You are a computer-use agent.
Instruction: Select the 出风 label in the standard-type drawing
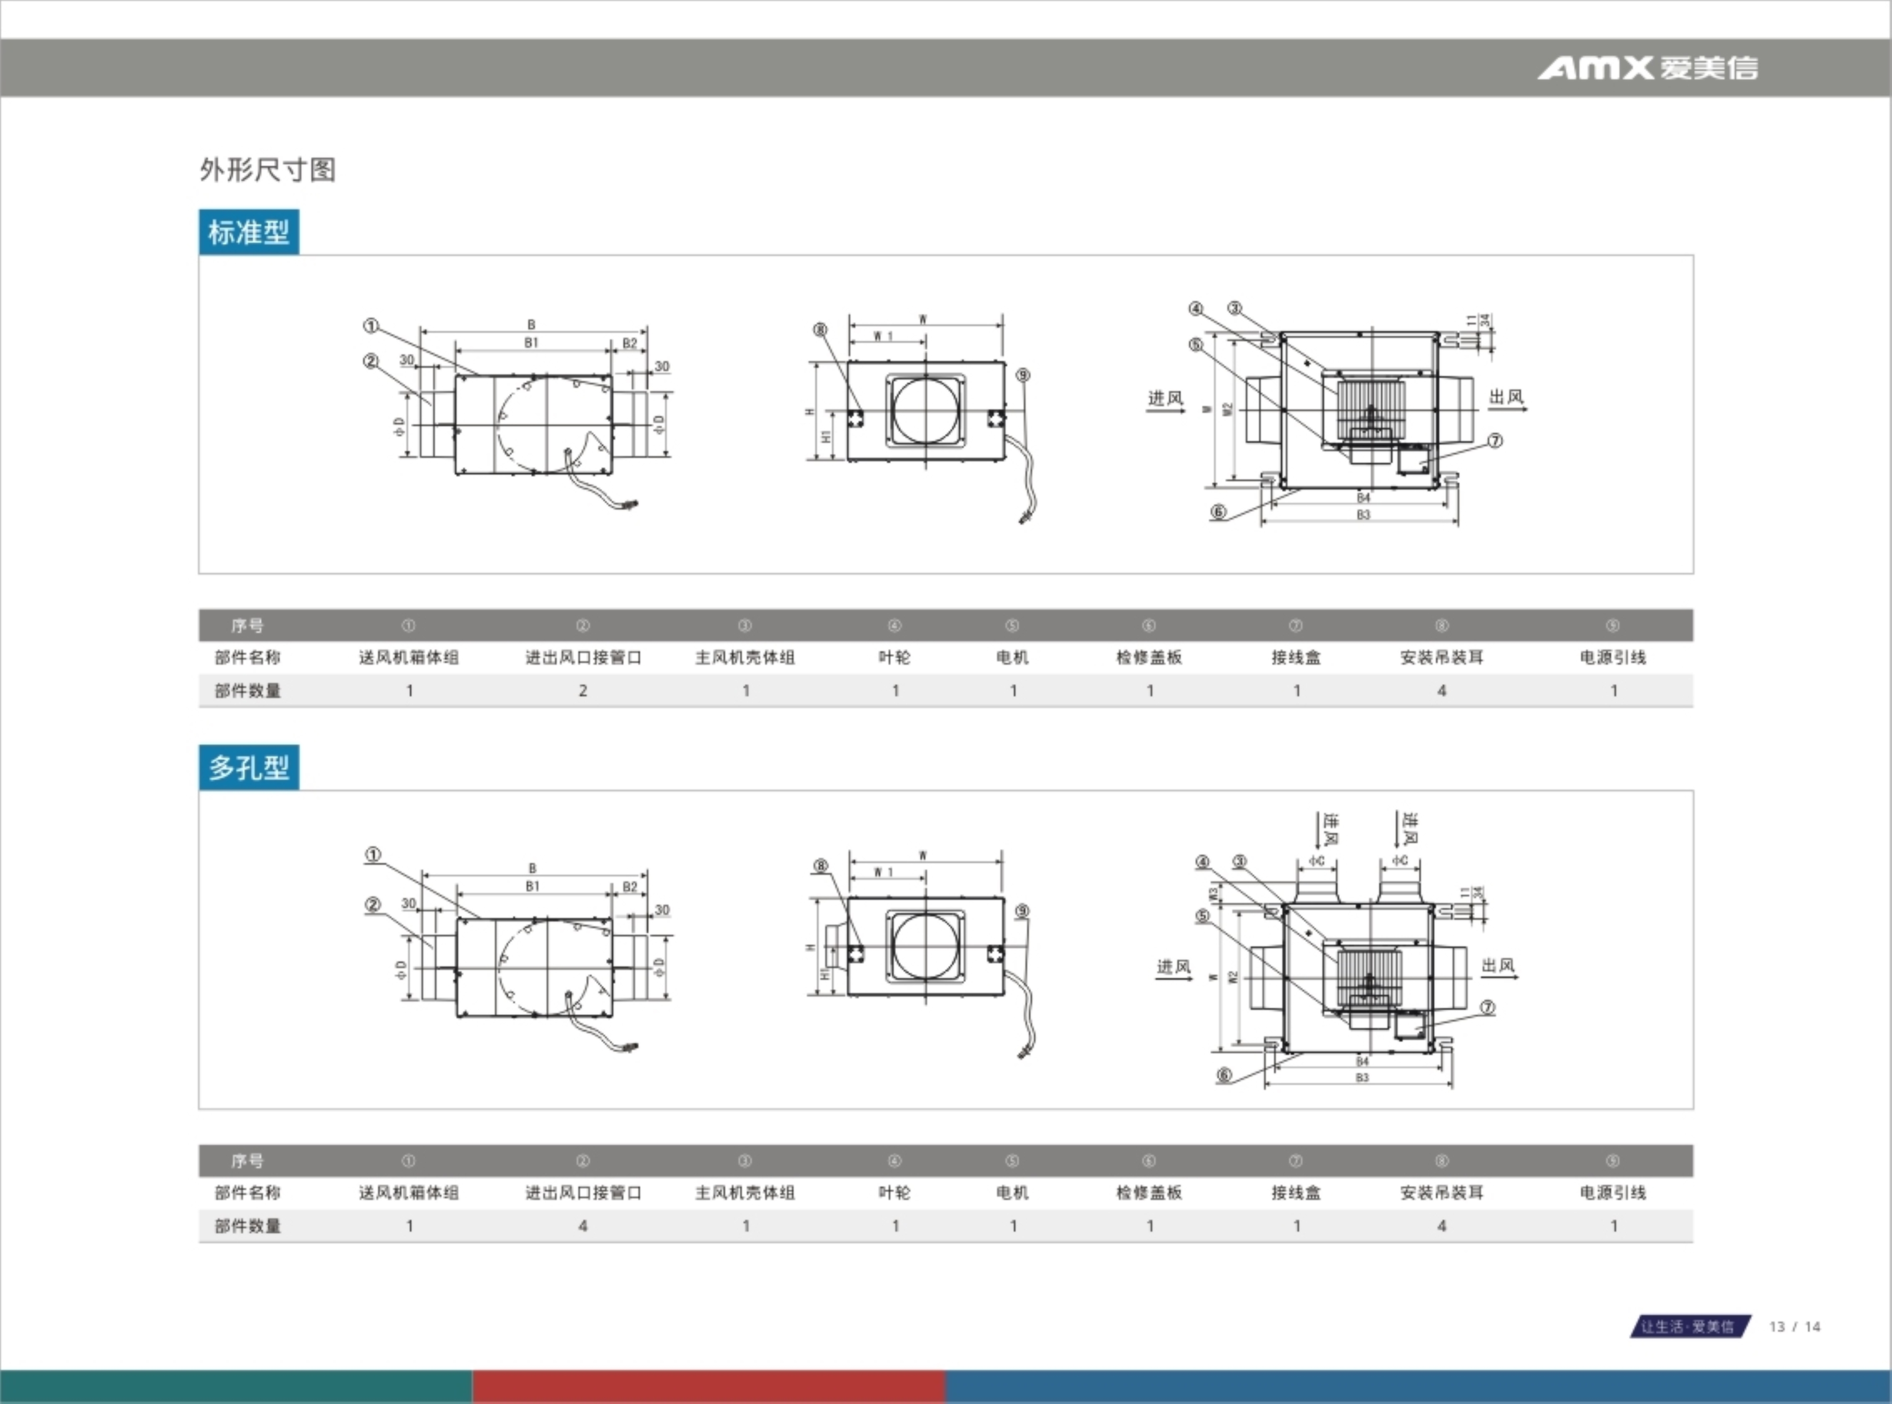click(x=1506, y=397)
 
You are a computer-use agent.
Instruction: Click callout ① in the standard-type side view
click(x=371, y=325)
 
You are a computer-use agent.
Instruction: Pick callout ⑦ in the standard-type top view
click(x=1495, y=440)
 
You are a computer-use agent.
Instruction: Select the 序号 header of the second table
click(x=247, y=1161)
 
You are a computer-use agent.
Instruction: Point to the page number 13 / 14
click(x=1794, y=1327)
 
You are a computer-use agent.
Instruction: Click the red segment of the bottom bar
click(x=708, y=1386)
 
